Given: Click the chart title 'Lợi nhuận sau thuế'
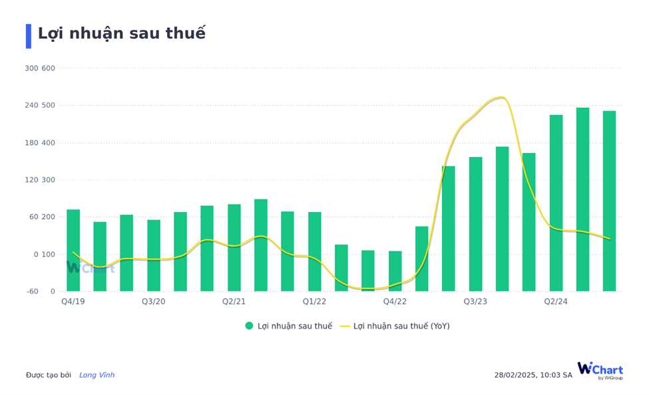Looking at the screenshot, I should coord(121,34).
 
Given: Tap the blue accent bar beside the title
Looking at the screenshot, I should coord(29,36).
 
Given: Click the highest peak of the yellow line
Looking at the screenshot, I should coord(501,97).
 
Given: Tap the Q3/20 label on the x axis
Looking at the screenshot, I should coord(154,301).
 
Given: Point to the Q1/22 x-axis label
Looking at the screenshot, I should coord(315,301).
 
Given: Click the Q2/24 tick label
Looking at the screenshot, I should coord(556,301).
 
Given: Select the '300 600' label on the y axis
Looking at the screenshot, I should coord(40,68).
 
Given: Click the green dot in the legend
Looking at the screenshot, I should coord(249,326).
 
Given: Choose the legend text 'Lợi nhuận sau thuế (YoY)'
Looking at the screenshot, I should coord(401,326).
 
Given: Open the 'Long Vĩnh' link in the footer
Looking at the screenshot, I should coord(97,375).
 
